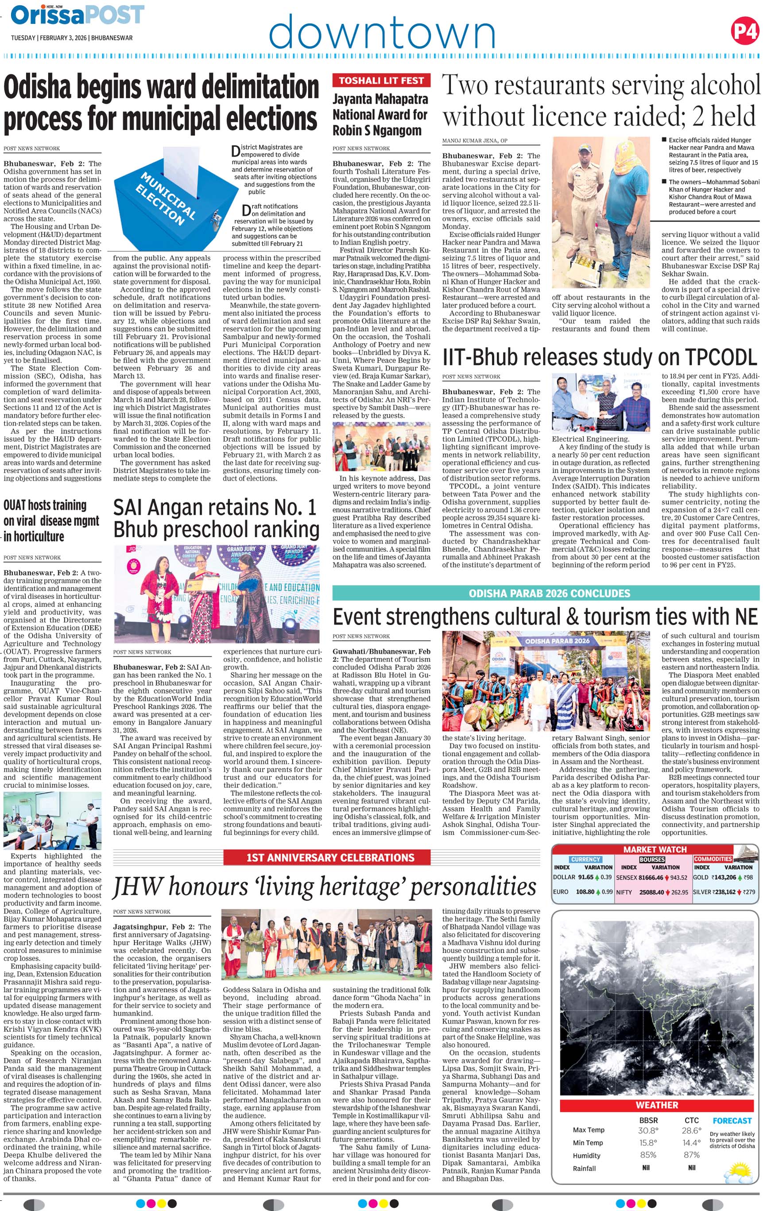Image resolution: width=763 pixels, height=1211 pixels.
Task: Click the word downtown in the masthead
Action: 382,31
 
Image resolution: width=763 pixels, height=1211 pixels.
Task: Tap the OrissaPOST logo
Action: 78,15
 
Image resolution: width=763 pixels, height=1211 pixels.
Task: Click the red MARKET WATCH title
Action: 655,850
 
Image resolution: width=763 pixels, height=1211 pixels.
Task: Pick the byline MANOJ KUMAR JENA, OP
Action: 474,141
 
